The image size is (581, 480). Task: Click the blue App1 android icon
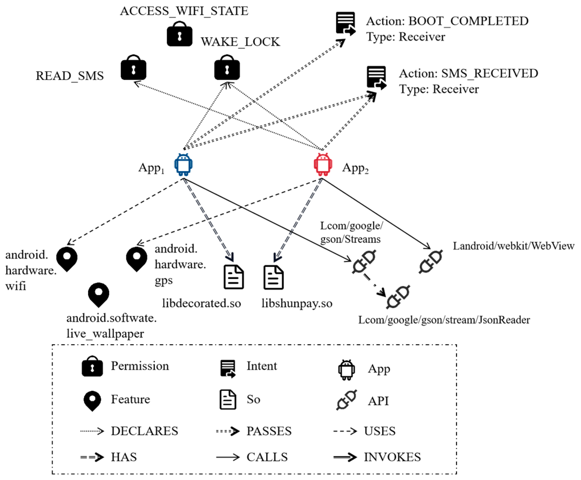tap(183, 165)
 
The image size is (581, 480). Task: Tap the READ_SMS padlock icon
tap(133, 68)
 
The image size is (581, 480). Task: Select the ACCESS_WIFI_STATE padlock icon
tap(179, 34)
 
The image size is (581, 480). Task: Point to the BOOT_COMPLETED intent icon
tap(345, 24)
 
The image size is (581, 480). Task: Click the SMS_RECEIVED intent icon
tap(376, 78)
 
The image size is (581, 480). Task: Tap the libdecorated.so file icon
tap(233, 277)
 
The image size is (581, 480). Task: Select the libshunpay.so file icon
tap(273, 277)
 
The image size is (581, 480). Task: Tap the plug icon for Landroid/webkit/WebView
tap(431, 262)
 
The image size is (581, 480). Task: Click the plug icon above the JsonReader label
tap(398, 297)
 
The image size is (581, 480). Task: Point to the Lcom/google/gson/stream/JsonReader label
tap(444, 320)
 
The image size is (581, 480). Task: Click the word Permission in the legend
tap(140, 366)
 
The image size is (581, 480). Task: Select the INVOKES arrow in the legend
tap(345, 457)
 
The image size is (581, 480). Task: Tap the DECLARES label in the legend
tap(144, 431)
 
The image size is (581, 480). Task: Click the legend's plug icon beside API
tap(346, 400)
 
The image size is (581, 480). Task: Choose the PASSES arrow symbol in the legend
tap(228, 431)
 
